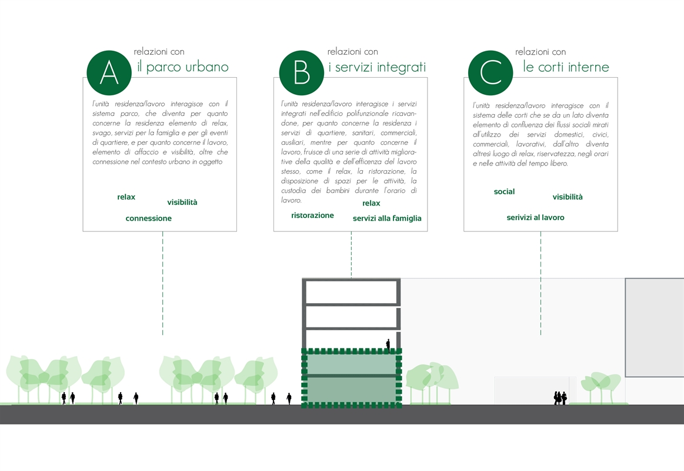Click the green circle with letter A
[109, 73]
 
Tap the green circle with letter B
[302, 73]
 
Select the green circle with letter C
[491, 73]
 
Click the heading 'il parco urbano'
[183, 67]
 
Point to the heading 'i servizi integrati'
[377, 67]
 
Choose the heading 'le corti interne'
[566, 67]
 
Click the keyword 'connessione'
[148, 218]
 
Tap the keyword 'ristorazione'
[312, 215]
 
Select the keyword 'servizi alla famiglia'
[387, 218]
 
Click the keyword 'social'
[504, 191]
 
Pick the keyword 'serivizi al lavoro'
[535, 217]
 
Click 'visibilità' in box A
[182, 202]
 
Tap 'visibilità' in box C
[568, 197]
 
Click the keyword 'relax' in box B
[371, 203]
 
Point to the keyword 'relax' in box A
[126, 197]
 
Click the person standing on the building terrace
[388, 345]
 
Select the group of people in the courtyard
[560, 397]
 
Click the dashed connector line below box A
[163, 283]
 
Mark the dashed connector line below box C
[540, 283]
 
